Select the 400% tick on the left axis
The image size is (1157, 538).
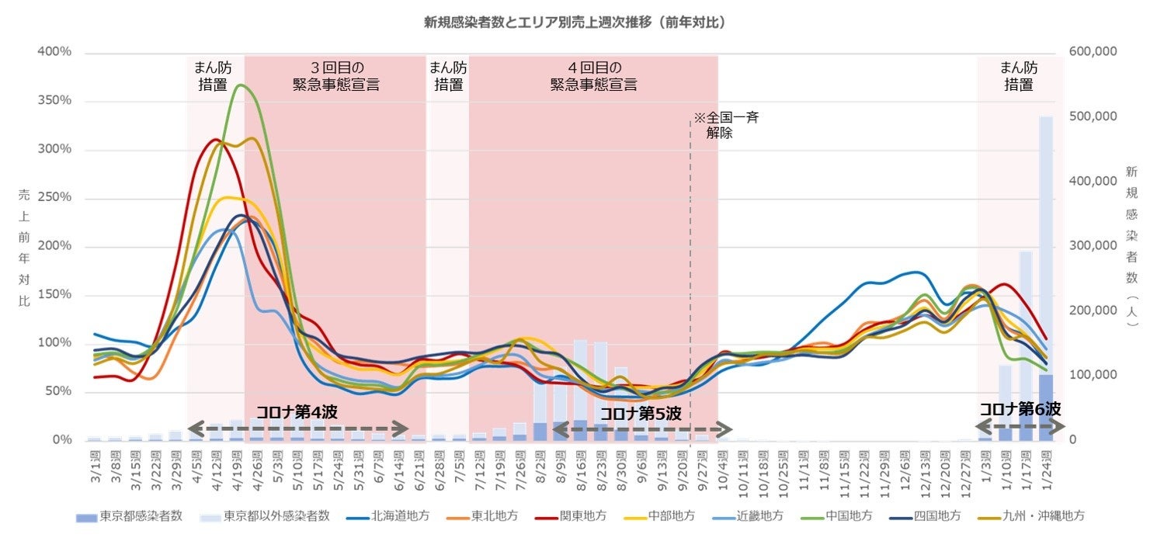click(x=55, y=53)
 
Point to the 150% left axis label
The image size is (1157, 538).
click(x=55, y=296)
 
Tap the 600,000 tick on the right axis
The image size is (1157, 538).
click(x=1093, y=53)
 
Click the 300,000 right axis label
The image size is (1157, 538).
click(x=1093, y=246)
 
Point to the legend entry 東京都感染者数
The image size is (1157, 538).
click(x=141, y=515)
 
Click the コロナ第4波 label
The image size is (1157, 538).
click(x=297, y=412)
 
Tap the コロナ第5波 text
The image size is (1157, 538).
click(x=641, y=414)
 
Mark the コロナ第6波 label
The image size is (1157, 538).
click(x=1020, y=410)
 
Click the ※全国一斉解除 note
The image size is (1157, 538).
click(x=724, y=126)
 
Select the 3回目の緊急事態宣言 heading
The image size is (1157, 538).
click(x=335, y=76)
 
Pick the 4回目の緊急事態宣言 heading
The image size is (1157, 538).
click(x=593, y=76)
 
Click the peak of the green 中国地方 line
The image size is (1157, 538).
click(x=240, y=85)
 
